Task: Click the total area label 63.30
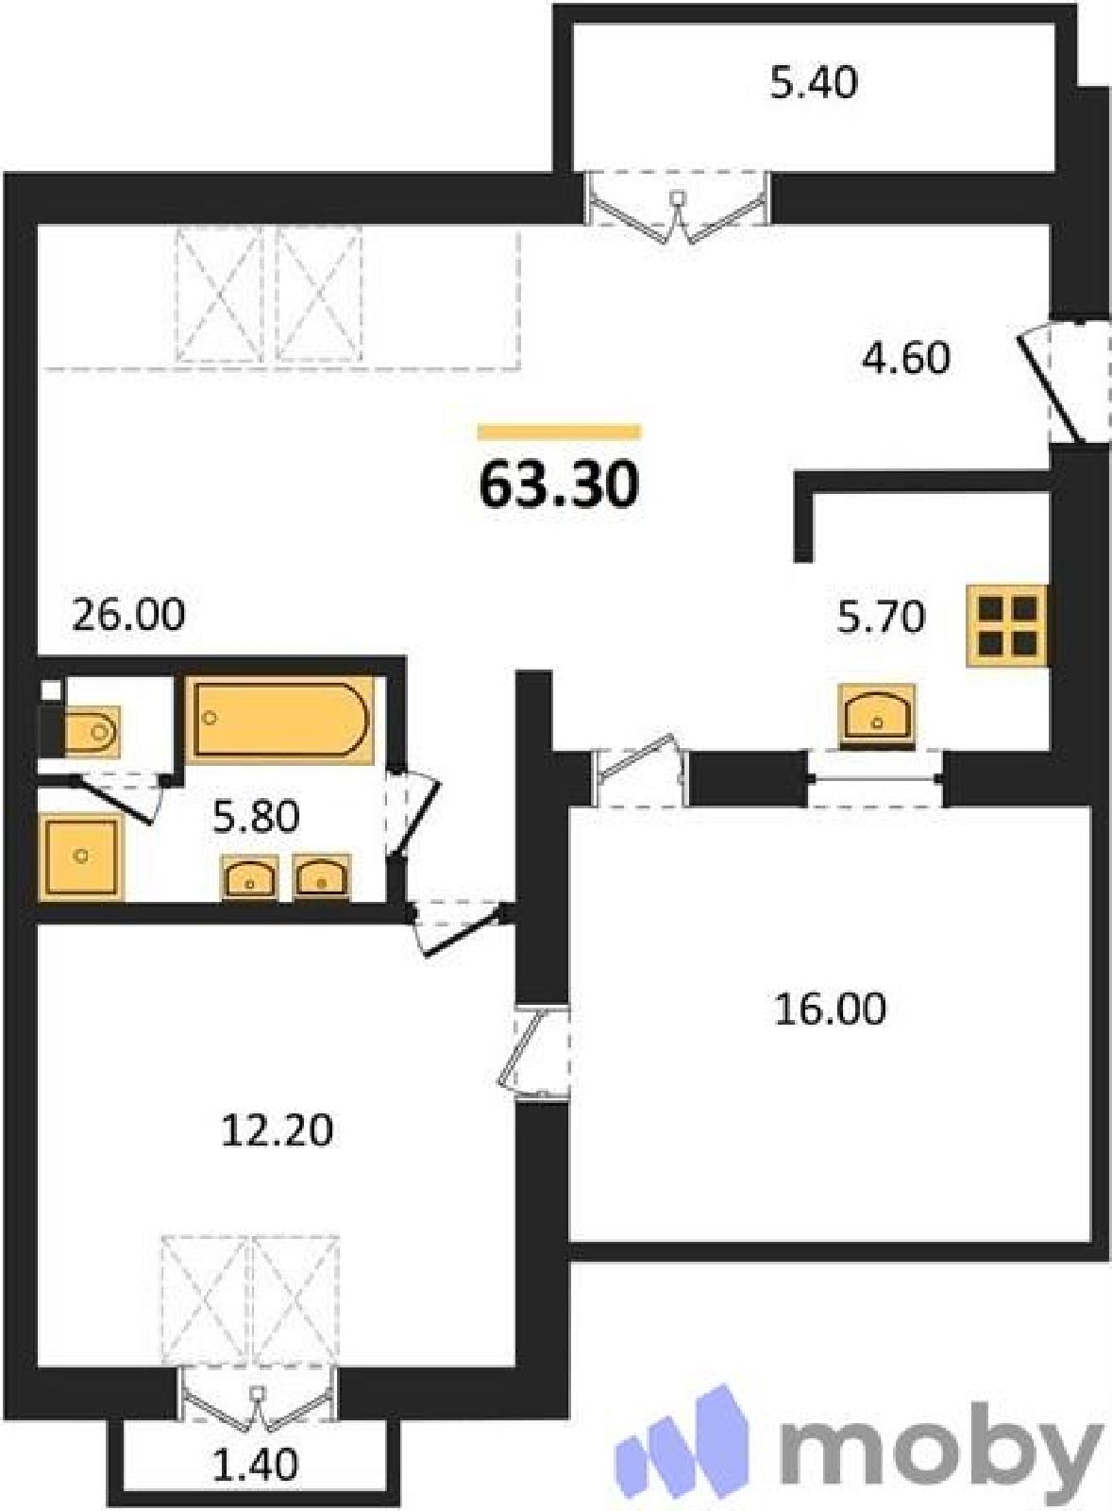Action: click(559, 485)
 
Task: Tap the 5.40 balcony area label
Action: click(814, 84)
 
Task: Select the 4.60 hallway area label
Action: click(906, 358)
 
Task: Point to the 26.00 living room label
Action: click(128, 615)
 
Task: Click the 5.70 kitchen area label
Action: click(881, 617)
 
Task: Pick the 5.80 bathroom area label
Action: click(256, 818)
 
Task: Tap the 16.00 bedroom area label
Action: click(830, 1010)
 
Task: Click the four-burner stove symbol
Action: click(1007, 626)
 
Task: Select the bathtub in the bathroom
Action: click(280, 719)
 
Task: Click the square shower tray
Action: click(81, 857)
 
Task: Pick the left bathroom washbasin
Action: click(250, 877)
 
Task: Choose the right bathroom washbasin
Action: click(322, 877)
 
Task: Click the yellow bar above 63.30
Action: click(559, 432)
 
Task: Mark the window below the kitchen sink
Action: click(875, 778)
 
